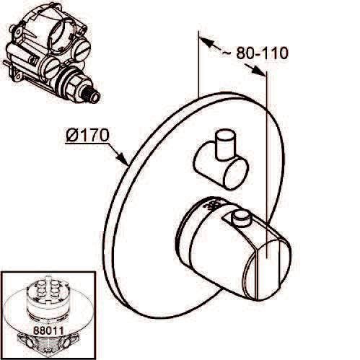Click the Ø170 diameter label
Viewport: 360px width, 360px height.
pos(87,135)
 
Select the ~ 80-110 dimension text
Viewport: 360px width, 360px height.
pos(255,53)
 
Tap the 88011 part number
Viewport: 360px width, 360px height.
pos(48,330)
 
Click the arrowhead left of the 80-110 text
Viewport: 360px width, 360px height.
pos(207,43)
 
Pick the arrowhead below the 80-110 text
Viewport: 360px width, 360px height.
pos(258,70)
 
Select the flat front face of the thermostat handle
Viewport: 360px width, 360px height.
pos(267,271)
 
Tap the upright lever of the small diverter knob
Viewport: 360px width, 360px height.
pos(226,145)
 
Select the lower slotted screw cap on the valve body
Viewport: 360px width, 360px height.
pos(51,68)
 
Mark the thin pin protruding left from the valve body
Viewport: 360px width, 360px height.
pos(7,63)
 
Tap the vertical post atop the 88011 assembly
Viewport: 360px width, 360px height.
pos(48,283)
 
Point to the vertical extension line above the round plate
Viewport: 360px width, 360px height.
pos(198,64)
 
